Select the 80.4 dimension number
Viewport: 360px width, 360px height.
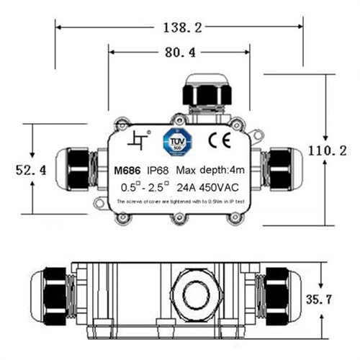(x=179, y=52)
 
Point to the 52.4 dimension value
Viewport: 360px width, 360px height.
(x=31, y=170)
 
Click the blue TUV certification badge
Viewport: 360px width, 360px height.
(x=176, y=142)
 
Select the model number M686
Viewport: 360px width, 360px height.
(x=127, y=171)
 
